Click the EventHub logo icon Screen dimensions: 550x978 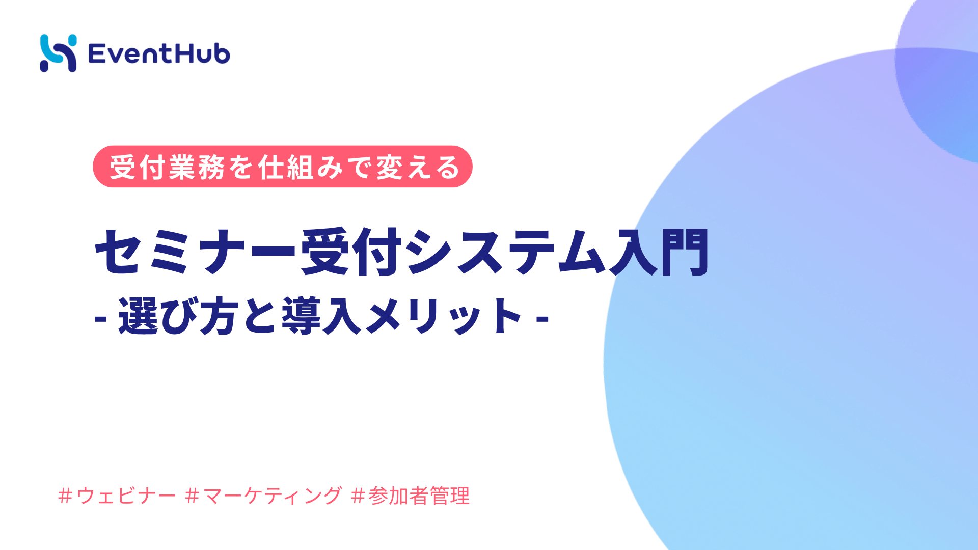coord(58,53)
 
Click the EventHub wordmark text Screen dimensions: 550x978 coord(159,54)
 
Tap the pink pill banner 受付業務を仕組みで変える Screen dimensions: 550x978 coord(282,167)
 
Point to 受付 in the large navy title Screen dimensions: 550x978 coord(351,252)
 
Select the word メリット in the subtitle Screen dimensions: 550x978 coord(443,317)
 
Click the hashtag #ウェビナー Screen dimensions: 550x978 coord(117,496)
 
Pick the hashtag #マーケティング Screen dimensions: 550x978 coord(264,496)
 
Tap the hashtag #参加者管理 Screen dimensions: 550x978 coord(411,496)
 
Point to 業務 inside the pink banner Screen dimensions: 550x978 coord(197,167)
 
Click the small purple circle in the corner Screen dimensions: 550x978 coord(942,76)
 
